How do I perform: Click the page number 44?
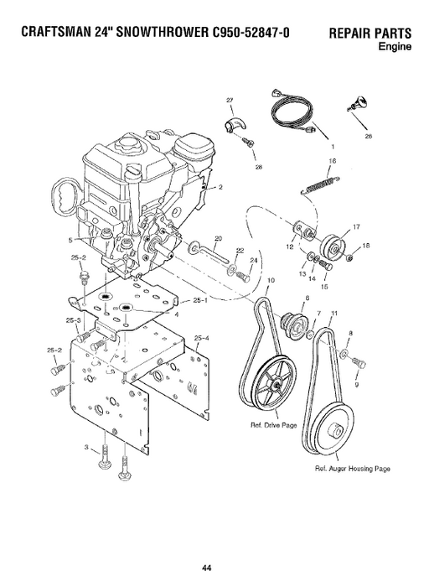215,546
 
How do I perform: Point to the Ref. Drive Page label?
273,425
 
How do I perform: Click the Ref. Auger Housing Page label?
353,467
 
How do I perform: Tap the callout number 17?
356,228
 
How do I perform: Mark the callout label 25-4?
202,340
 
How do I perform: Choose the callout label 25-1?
199,300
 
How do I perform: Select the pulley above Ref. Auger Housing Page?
337,428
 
